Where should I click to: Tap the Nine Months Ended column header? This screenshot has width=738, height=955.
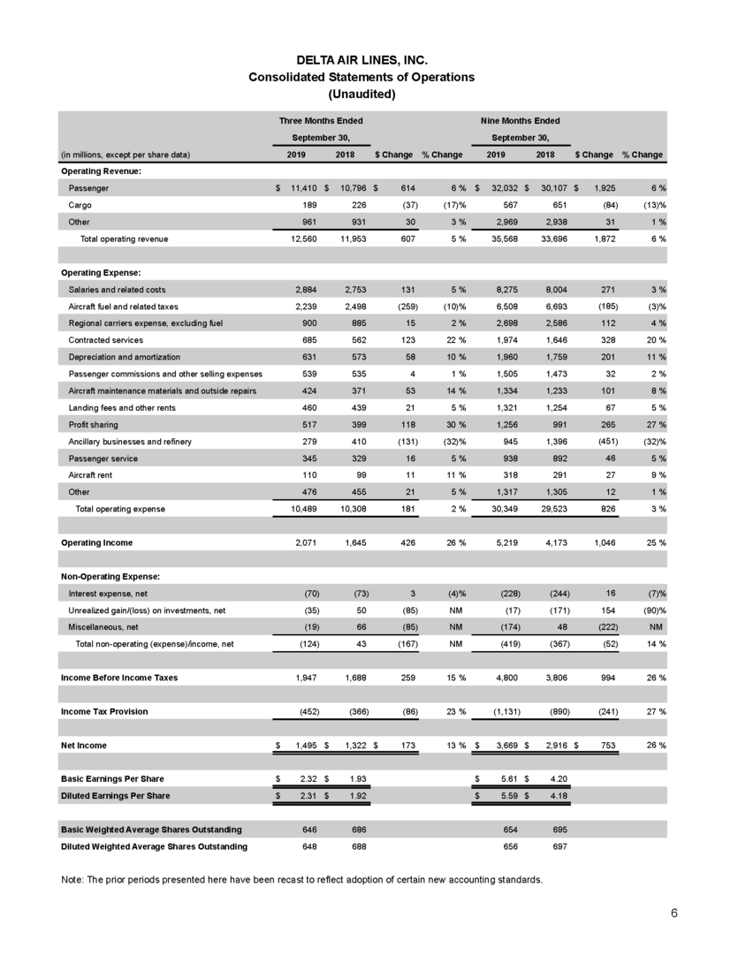[x=521, y=120]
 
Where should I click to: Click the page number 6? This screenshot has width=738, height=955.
[x=674, y=913]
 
